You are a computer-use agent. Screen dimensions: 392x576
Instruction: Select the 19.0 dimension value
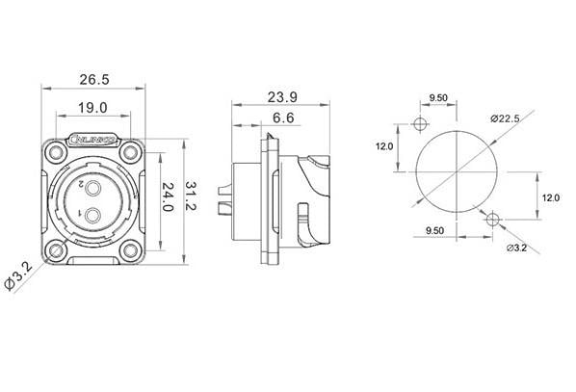tap(92, 109)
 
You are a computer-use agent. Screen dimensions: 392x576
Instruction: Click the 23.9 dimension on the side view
tap(275, 98)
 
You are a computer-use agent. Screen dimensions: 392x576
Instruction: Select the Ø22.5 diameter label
tap(506, 118)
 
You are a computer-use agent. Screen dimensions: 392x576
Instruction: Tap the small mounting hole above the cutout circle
tap(419, 124)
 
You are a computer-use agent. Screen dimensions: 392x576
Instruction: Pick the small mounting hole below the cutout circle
tap(493, 221)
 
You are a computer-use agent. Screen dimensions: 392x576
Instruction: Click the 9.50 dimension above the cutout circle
tap(437, 98)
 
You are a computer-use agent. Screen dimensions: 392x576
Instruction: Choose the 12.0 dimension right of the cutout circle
tap(550, 196)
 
